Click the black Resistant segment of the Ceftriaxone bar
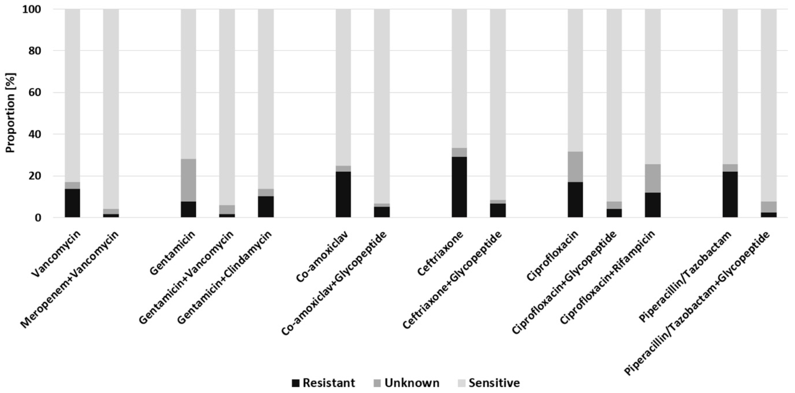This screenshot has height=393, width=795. (459, 187)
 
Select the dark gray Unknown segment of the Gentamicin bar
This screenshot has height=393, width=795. (188, 180)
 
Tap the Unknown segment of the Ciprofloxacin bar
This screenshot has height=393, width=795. (575, 167)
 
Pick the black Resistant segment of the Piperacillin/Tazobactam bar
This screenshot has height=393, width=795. (730, 194)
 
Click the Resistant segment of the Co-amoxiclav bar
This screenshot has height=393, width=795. (343, 194)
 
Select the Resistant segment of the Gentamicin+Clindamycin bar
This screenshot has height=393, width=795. (266, 207)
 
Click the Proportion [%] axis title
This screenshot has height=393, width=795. (11, 113)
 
